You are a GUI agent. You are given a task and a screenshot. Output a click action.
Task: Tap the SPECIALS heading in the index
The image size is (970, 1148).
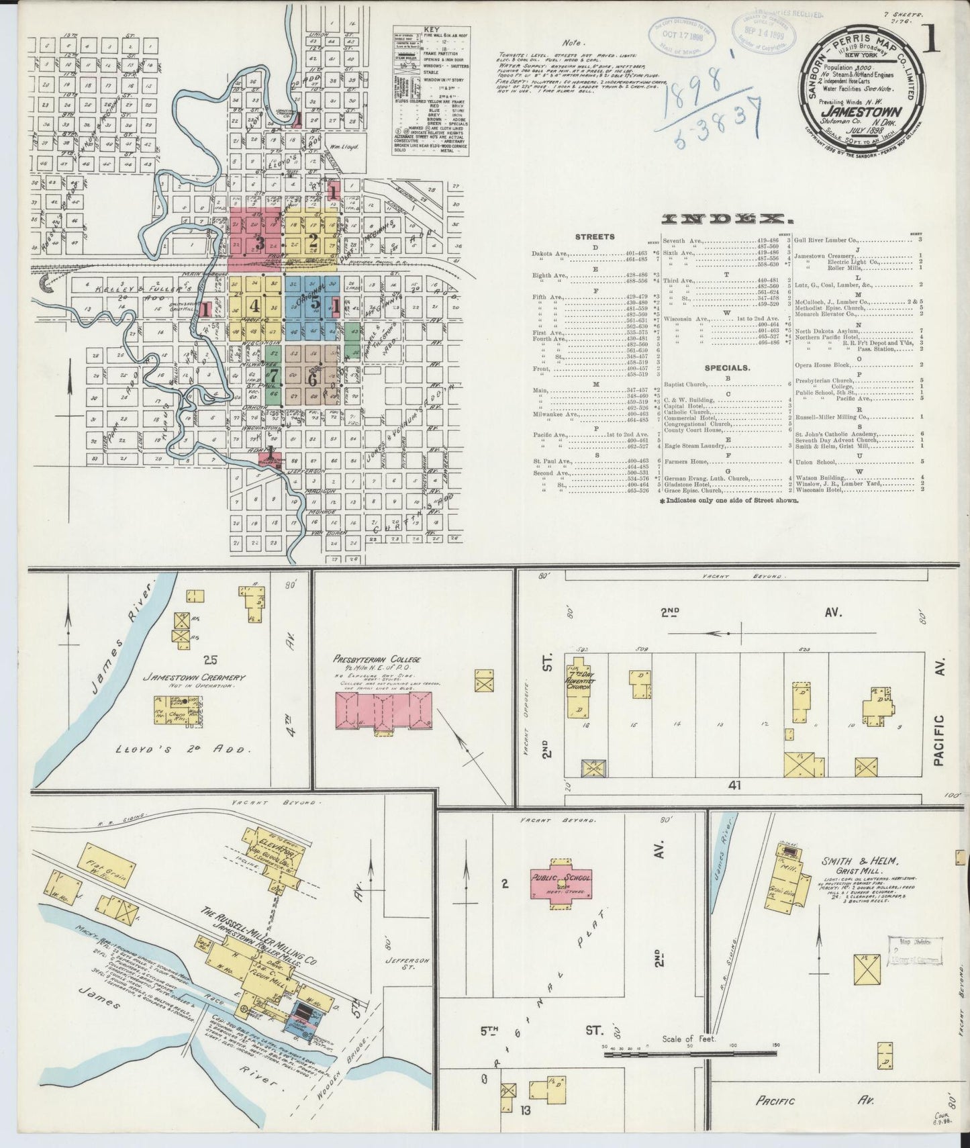(x=728, y=367)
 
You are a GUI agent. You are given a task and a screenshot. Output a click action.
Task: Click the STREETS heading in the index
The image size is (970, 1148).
(x=595, y=236)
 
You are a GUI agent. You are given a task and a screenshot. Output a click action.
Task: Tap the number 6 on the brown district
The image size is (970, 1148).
(x=312, y=379)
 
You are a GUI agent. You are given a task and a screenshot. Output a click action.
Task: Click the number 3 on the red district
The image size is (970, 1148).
(x=259, y=242)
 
